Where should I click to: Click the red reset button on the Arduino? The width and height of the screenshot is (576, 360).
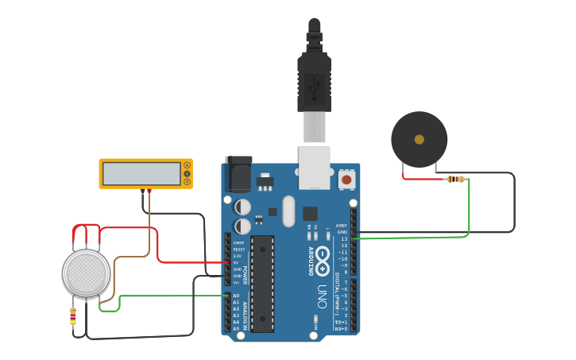click(x=346, y=180)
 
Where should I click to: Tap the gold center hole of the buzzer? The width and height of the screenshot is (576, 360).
click(x=419, y=139)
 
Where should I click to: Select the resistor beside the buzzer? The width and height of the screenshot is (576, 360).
click(x=455, y=179)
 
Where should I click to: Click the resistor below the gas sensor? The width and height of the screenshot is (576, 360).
click(x=73, y=315)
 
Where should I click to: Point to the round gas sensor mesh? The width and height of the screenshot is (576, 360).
click(x=86, y=273)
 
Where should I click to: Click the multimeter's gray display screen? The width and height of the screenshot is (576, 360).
click(x=141, y=173)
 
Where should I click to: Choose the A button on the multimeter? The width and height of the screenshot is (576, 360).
click(x=187, y=165)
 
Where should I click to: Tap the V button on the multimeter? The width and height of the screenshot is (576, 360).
click(x=187, y=173)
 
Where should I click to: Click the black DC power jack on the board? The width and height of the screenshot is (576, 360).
click(x=238, y=173)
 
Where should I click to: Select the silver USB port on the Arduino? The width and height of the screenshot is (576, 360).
click(x=314, y=167)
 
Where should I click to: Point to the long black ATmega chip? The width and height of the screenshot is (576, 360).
click(x=262, y=283)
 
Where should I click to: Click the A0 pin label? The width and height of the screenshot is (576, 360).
click(x=236, y=296)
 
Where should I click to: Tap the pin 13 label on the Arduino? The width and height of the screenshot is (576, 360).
click(x=344, y=238)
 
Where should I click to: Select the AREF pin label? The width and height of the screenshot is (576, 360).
click(x=342, y=225)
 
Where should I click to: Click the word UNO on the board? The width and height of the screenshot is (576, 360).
click(x=322, y=296)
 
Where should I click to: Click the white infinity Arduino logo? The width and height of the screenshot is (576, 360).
click(x=323, y=256)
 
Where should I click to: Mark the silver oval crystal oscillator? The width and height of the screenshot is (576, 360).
click(x=288, y=211)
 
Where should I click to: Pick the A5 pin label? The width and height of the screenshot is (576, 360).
click(x=236, y=328)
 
